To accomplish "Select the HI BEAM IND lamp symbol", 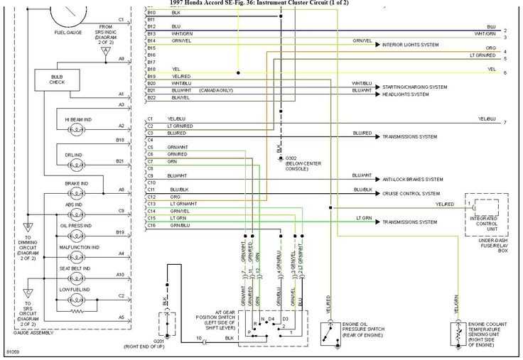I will pos(75,131).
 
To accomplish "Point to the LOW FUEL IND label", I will pos(75,290).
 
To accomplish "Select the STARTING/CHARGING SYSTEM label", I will pos(415,87).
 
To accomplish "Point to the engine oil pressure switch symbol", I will pos(328,333).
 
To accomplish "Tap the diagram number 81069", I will pos(14,352).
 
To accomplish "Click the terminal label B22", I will pos(151,97).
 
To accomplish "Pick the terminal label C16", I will pos(151,225).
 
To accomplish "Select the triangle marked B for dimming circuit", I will pos(28,227).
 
